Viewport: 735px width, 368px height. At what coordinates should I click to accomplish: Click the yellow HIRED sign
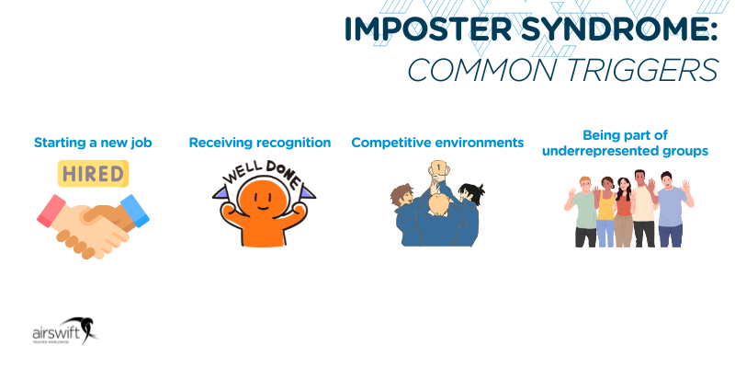click(93, 173)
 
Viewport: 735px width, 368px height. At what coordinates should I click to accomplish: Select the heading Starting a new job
click(93, 143)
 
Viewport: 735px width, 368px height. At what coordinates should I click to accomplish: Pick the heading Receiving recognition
click(259, 143)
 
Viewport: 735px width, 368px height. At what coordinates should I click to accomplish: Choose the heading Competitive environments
click(437, 143)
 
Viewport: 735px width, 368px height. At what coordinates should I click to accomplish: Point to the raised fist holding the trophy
click(437, 172)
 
